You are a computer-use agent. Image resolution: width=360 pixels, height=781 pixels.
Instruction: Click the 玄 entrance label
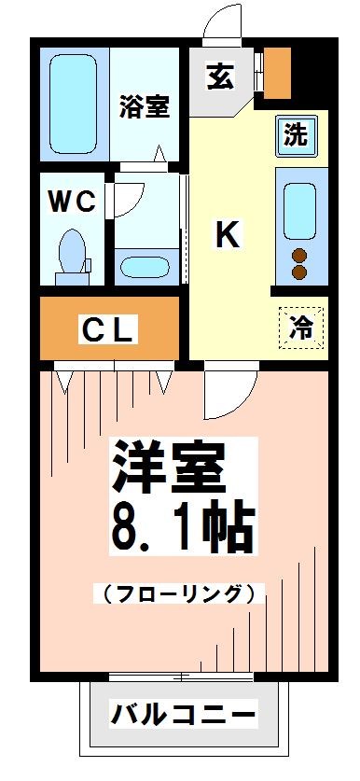pyautogui.click(x=220, y=77)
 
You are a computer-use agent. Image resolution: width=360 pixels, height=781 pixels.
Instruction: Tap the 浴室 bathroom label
pyautogui.click(x=144, y=107)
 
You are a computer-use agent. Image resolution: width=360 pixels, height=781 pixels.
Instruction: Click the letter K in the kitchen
pyautogui.click(x=228, y=235)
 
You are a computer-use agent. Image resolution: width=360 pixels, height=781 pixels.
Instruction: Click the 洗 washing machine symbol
pyautogui.click(x=296, y=135)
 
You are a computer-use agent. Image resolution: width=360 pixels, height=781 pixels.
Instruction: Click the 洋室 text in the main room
pyautogui.click(x=170, y=467)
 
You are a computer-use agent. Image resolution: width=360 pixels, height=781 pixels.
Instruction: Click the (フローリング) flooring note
pyautogui.click(x=175, y=593)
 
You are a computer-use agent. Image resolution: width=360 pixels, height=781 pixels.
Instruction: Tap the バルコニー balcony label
pyautogui.click(x=183, y=717)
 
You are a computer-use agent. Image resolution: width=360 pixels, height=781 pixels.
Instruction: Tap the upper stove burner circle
pyautogui.click(x=300, y=255)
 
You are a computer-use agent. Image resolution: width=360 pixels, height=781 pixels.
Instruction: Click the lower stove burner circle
pyautogui.click(x=300, y=272)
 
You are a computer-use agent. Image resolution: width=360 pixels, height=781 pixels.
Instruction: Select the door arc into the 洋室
pyautogui.click(x=227, y=392)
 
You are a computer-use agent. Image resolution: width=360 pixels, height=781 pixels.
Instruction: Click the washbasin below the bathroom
pyautogui.click(x=146, y=263)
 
